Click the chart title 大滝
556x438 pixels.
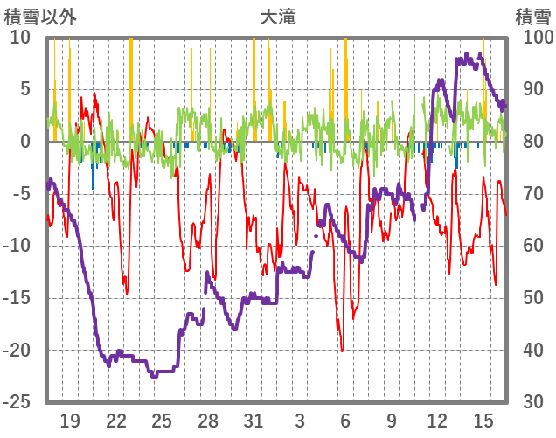[x=277, y=16]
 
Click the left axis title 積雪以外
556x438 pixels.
[x=40, y=16]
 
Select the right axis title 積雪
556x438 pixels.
[x=532, y=16]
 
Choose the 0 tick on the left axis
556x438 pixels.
[x=25, y=142]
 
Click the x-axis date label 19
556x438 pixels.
[x=71, y=421]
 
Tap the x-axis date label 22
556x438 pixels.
[x=116, y=421]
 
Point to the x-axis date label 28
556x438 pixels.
[x=208, y=421]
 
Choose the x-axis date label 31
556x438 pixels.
[x=254, y=421]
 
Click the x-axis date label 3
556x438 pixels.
[x=300, y=421]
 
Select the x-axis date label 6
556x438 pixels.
[x=345, y=421]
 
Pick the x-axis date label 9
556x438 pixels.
[x=392, y=421]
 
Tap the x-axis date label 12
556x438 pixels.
[x=437, y=421]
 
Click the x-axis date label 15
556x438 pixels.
[x=483, y=421]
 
